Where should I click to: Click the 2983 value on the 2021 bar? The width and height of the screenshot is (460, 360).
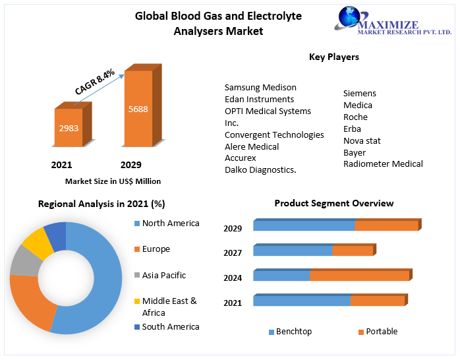(x=69, y=127)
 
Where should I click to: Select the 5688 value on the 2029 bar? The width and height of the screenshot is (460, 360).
(x=138, y=109)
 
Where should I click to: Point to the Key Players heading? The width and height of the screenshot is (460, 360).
(x=333, y=57)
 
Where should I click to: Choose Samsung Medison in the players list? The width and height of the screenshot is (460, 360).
(x=260, y=87)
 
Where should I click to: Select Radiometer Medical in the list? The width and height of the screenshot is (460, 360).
(x=383, y=164)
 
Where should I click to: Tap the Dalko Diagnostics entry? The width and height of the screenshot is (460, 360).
(x=260, y=169)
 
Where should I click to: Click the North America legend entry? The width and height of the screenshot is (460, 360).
(x=170, y=224)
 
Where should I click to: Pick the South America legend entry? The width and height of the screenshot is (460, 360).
(x=170, y=326)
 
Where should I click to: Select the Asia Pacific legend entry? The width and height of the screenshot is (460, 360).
(x=163, y=275)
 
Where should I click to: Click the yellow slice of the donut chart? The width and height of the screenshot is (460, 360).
(x=38, y=243)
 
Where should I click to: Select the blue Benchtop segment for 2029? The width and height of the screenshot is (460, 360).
(x=304, y=226)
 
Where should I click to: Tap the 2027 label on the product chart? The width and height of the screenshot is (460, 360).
(x=233, y=253)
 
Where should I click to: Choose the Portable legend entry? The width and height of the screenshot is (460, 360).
(x=382, y=332)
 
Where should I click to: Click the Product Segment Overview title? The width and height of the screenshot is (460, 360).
(x=334, y=203)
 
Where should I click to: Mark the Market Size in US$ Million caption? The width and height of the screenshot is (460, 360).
(x=113, y=181)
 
